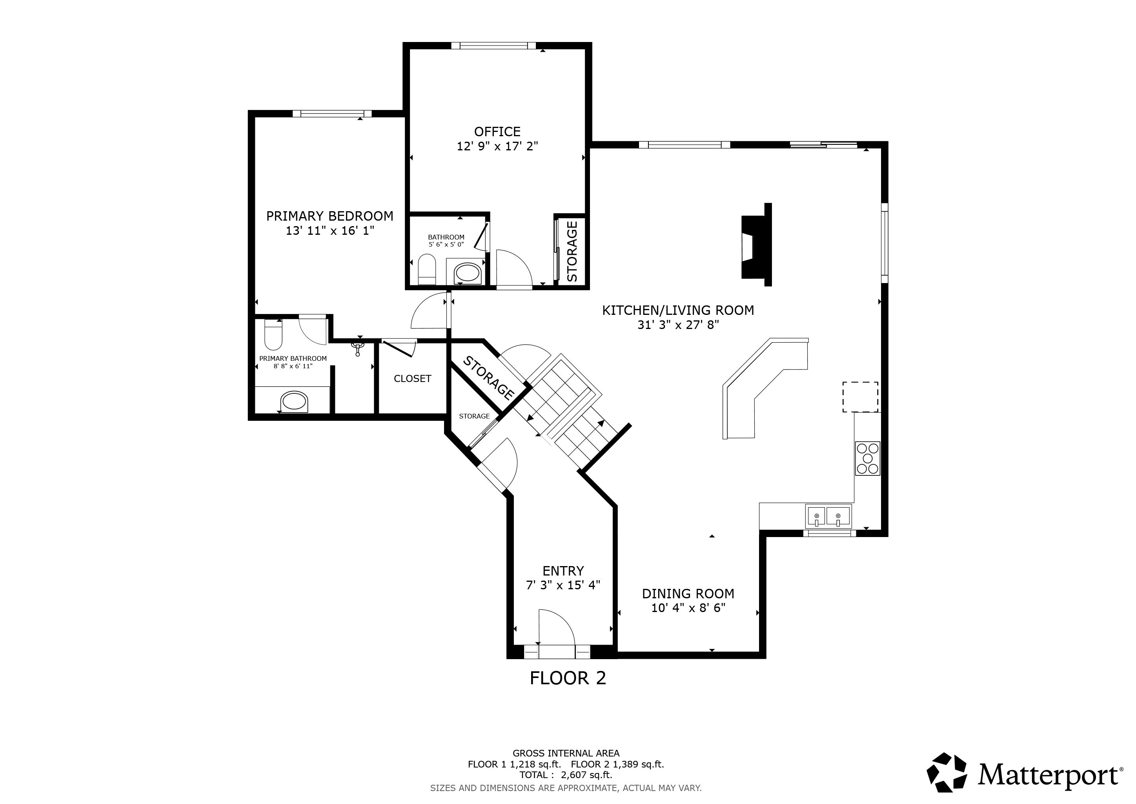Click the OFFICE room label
tap(497, 132)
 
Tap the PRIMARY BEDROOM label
tap(330, 216)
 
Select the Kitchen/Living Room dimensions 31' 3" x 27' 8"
tap(678, 325)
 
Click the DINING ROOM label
tap(688, 594)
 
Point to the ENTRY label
tap(563, 571)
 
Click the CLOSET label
tap(413, 379)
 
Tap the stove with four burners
tap(868, 459)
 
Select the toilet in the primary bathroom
tap(273, 334)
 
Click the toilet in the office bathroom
tap(426, 269)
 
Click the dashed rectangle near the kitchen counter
tap(860, 397)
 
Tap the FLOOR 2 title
tap(568, 678)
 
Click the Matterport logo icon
tap(947, 776)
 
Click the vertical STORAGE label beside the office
tap(572, 252)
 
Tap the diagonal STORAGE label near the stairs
tap(488, 378)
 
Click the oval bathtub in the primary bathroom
tap(294, 401)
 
